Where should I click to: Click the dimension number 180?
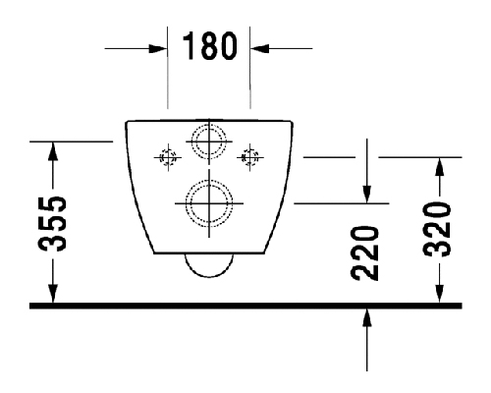(x=209, y=46)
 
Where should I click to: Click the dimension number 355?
(x=52, y=224)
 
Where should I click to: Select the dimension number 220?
(x=364, y=253)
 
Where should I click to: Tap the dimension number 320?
(x=437, y=229)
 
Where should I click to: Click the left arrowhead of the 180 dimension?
(x=158, y=49)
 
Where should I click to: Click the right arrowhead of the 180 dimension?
(x=259, y=49)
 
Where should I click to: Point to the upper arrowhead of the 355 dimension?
(x=53, y=151)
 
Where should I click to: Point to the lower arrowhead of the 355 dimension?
(x=53, y=294)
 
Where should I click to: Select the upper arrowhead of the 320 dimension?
(x=440, y=167)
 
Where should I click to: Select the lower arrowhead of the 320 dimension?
(x=440, y=294)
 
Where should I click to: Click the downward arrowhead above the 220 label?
(x=367, y=195)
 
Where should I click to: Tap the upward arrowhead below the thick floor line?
(x=367, y=317)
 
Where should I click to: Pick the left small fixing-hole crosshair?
(x=168, y=157)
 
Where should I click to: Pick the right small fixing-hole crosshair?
(x=250, y=157)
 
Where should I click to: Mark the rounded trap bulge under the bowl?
(x=209, y=277)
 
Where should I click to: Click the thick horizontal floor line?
(x=245, y=306)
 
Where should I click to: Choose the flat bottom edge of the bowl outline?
(x=209, y=253)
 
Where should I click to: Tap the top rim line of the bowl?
(x=209, y=121)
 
